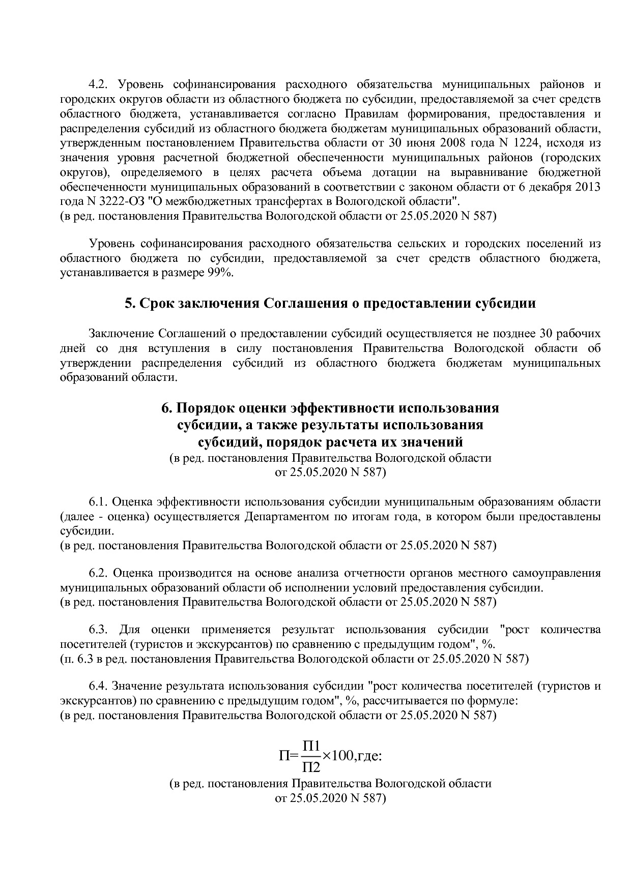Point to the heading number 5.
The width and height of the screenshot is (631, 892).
coord(129,304)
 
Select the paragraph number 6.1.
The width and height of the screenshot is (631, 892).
coord(99,502)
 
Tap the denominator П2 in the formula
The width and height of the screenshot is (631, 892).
coord(311,766)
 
